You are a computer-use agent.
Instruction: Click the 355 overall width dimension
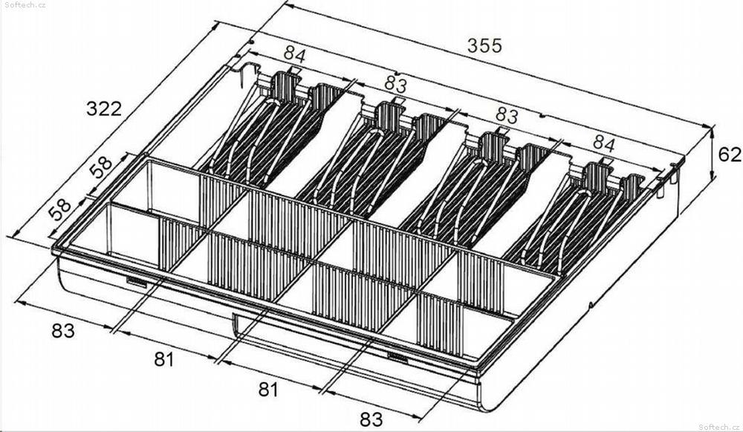tap(484, 45)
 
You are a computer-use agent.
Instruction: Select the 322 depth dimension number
tap(104, 109)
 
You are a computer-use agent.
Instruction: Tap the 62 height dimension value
tap(730, 155)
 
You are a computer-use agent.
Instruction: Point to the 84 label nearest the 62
tap(603, 145)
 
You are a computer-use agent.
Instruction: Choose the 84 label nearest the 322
tap(295, 54)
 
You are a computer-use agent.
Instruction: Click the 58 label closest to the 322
tap(102, 167)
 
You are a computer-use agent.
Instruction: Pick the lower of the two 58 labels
tap(60, 209)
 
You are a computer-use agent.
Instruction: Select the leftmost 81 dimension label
tap(164, 359)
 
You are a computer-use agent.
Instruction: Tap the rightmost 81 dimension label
tap(268, 390)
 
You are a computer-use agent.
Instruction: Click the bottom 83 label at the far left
tap(63, 331)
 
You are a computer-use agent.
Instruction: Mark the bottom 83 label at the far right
tap(371, 419)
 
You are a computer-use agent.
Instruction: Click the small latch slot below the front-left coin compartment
tap(137, 282)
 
